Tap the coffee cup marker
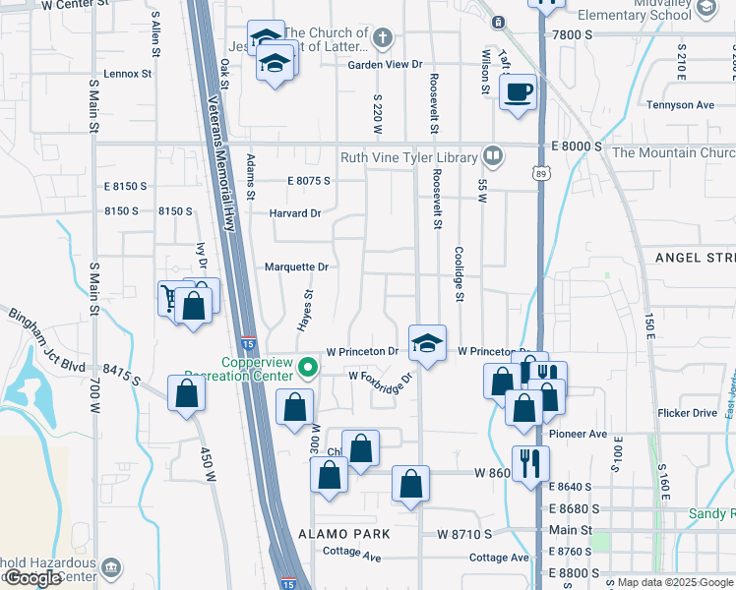point(519,93)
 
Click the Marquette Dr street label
point(296,266)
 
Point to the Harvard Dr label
point(296,213)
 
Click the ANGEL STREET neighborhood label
point(695,257)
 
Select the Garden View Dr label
point(385,65)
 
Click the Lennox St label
point(129,73)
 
